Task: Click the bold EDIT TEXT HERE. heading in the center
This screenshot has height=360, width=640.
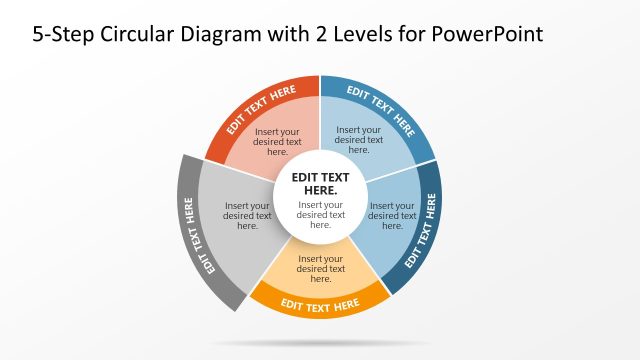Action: coord(320,182)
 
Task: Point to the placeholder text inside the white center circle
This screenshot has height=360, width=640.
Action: coord(320,215)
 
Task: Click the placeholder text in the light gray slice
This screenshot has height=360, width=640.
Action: coord(247,216)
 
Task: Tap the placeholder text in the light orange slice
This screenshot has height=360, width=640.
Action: coord(320,268)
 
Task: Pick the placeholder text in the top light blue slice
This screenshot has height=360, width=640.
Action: coord(358,139)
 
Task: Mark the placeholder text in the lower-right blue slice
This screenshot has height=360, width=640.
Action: coord(392,216)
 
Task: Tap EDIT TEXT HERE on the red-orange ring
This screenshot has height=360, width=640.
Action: coord(261,108)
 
